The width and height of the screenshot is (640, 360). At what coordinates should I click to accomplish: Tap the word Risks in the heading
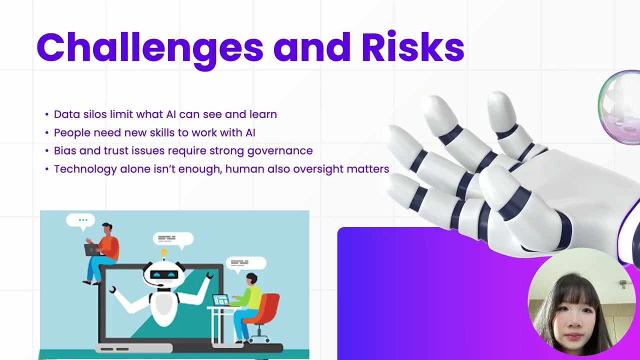tap(413, 47)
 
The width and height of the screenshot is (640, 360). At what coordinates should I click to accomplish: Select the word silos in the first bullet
tap(95, 114)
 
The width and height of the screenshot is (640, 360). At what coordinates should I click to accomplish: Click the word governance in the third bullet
tap(280, 151)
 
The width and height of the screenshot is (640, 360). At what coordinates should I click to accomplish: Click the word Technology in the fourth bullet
tap(85, 169)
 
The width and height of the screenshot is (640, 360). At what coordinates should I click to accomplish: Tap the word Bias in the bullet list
tap(64, 150)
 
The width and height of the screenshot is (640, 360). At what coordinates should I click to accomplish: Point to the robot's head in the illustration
tap(164, 274)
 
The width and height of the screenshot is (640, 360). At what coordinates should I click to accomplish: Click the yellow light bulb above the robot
tap(163, 253)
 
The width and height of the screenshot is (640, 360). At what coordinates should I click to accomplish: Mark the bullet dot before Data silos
tap(47, 114)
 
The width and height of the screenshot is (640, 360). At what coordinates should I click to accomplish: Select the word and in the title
tap(311, 48)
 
